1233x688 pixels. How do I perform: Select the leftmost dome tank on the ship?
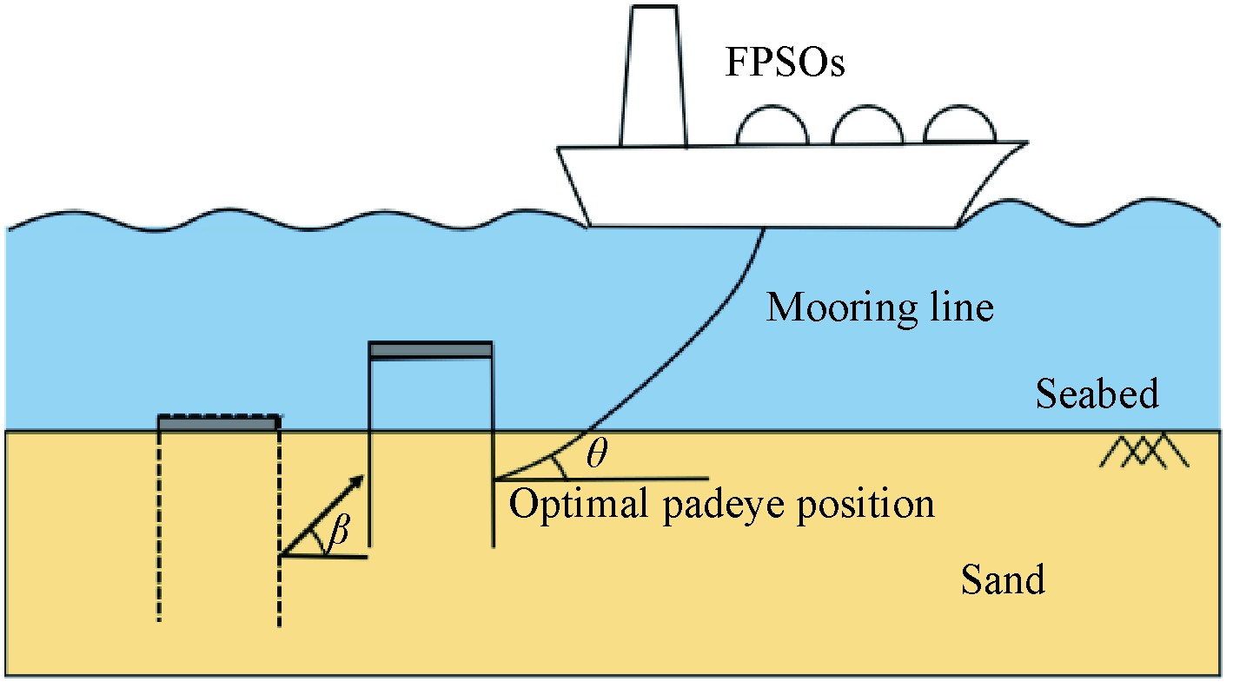click(x=772, y=129)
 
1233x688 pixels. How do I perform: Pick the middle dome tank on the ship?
click(x=865, y=128)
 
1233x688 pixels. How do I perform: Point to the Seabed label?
click(x=1097, y=394)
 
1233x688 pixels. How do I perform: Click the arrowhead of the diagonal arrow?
click(x=355, y=482)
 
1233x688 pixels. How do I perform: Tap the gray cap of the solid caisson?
click(x=430, y=350)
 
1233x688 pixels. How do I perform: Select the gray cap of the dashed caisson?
click(x=219, y=423)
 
